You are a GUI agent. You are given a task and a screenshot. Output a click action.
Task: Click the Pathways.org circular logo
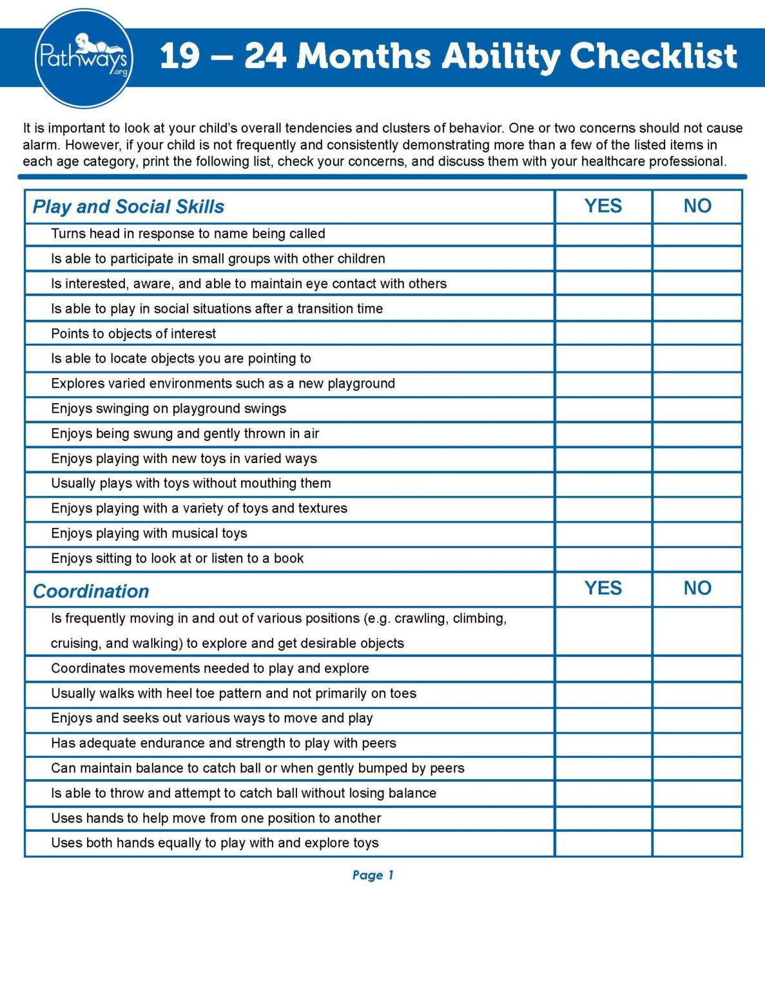pos(84,58)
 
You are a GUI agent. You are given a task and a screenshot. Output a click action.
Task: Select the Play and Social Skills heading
pos(128,207)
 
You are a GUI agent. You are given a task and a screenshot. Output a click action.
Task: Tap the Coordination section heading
pos(91,591)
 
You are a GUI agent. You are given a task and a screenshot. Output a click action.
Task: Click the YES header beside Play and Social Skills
pos(603,206)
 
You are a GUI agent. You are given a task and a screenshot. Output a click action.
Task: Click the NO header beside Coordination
pos(697,588)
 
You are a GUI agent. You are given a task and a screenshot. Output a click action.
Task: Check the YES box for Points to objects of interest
pos(603,334)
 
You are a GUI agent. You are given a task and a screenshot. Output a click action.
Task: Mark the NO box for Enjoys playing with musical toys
pos(697,534)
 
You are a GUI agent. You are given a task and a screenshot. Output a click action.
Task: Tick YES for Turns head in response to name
pos(603,234)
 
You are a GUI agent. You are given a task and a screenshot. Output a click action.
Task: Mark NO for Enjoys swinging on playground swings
pos(697,409)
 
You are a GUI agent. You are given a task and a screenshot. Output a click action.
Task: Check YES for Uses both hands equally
pos(603,843)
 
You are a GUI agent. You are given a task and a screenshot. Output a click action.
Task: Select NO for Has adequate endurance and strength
pos(697,744)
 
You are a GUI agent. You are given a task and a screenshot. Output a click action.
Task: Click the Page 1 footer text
pos(373,875)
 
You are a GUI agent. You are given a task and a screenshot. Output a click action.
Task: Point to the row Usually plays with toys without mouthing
pos(191,484)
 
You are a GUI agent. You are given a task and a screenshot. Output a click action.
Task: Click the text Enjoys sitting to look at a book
pos(177,559)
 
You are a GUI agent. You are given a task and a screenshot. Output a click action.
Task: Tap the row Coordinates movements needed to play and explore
pos(209,668)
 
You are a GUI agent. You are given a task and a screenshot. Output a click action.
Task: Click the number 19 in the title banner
pos(180,56)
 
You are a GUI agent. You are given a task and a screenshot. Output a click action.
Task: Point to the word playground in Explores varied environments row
pos(361,384)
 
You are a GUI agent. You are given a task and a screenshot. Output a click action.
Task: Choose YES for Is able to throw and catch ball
pos(603,793)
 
